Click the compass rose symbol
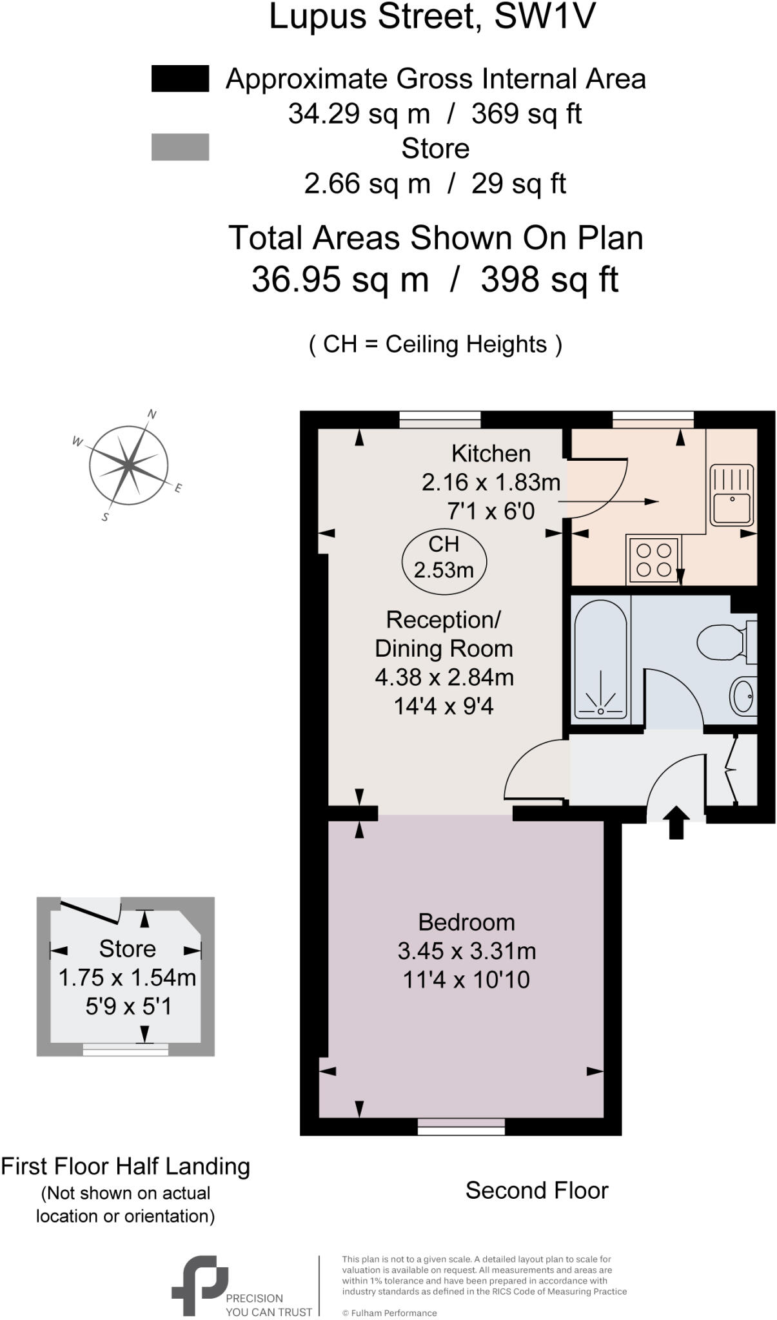129,464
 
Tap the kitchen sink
731,495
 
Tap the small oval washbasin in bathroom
743,696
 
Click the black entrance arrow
676,822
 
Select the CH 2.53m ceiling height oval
444,558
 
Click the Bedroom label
466,922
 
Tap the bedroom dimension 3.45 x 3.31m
466,951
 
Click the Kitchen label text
491,454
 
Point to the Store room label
127,949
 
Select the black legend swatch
180,79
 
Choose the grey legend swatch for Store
180,147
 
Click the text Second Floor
536,1190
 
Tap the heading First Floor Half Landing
125,1166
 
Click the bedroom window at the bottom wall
461,1127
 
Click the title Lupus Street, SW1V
431,17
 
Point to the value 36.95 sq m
340,279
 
